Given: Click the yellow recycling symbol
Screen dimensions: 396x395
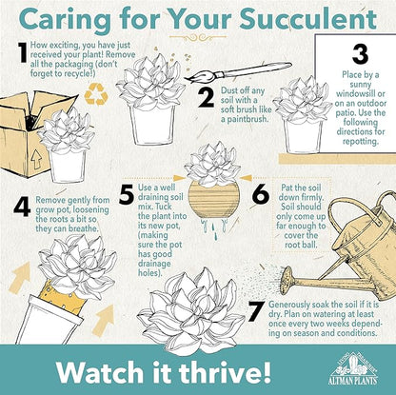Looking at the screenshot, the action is [96, 94].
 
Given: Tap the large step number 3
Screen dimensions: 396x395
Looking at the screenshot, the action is [360, 54].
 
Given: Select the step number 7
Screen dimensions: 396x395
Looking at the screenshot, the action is [256, 311].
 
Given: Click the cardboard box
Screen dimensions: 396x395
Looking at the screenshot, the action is [29, 133].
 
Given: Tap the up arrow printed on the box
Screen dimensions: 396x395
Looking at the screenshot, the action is [37, 160].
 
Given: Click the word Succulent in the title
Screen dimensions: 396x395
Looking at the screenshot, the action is [307, 20].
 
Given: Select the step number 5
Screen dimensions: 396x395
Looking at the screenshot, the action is [127, 194].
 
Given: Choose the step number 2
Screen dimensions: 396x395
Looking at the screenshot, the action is [207, 97].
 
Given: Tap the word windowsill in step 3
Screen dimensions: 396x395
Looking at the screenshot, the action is [361, 94].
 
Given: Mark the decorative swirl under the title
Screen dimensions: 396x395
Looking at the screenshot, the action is [198, 38].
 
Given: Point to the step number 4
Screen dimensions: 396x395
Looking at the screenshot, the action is [22, 207].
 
